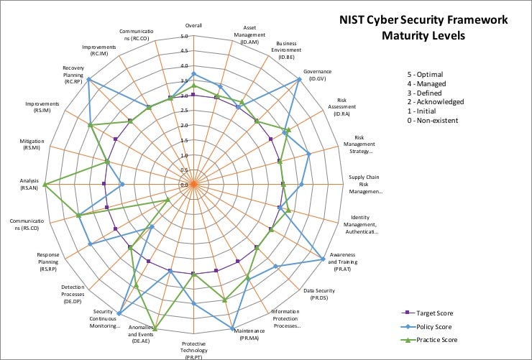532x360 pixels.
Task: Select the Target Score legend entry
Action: tap(434, 313)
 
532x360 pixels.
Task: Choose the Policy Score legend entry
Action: tap(433, 327)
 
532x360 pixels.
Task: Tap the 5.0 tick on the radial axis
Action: tap(185, 37)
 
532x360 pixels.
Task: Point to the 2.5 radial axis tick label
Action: tap(185, 111)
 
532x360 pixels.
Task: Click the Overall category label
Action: tap(193, 26)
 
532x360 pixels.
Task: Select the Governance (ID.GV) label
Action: tap(317, 75)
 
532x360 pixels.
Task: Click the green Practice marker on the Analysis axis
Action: tap(46, 185)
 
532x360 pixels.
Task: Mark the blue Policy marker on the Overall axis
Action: tap(193, 75)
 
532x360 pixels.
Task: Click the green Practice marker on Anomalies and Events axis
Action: tap(155, 328)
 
